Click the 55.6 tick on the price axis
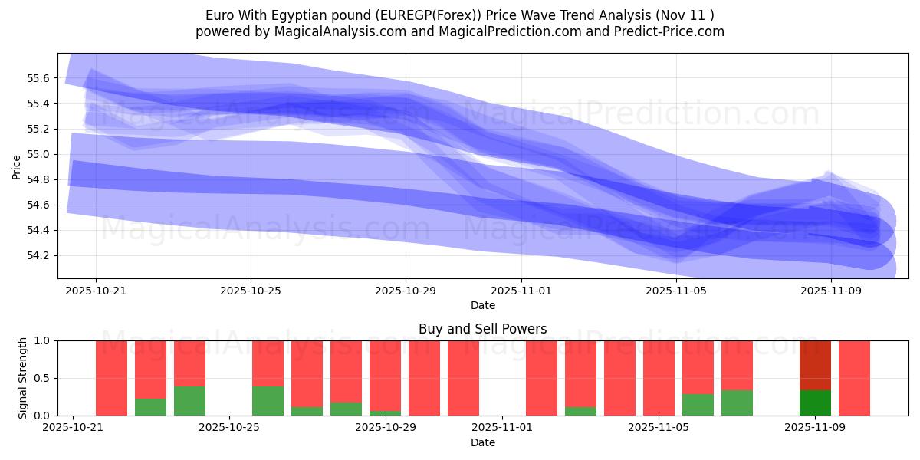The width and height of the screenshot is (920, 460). pyautogui.click(x=39, y=78)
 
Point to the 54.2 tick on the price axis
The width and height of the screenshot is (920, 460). pyautogui.click(x=39, y=255)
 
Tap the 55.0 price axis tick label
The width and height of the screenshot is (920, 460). pyautogui.click(x=39, y=154)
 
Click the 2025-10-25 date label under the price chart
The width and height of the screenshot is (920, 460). pyautogui.click(x=251, y=291)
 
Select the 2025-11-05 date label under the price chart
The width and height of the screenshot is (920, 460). pyautogui.click(x=676, y=291)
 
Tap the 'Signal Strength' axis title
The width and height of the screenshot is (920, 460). pyautogui.click(x=23, y=378)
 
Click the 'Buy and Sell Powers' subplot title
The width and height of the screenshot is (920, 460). pyautogui.click(x=482, y=329)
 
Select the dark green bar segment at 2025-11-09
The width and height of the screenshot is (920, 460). pyautogui.click(x=815, y=402)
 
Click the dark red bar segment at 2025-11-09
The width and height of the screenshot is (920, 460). pyautogui.click(x=815, y=365)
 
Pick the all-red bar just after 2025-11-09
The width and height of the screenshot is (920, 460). pyautogui.click(x=854, y=378)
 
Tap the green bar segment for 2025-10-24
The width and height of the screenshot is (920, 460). pyautogui.click(x=189, y=401)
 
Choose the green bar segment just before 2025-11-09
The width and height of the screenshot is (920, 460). pyautogui.click(x=737, y=402)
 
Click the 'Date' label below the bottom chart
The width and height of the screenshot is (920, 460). pyautogui.click(x=482, y=442)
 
